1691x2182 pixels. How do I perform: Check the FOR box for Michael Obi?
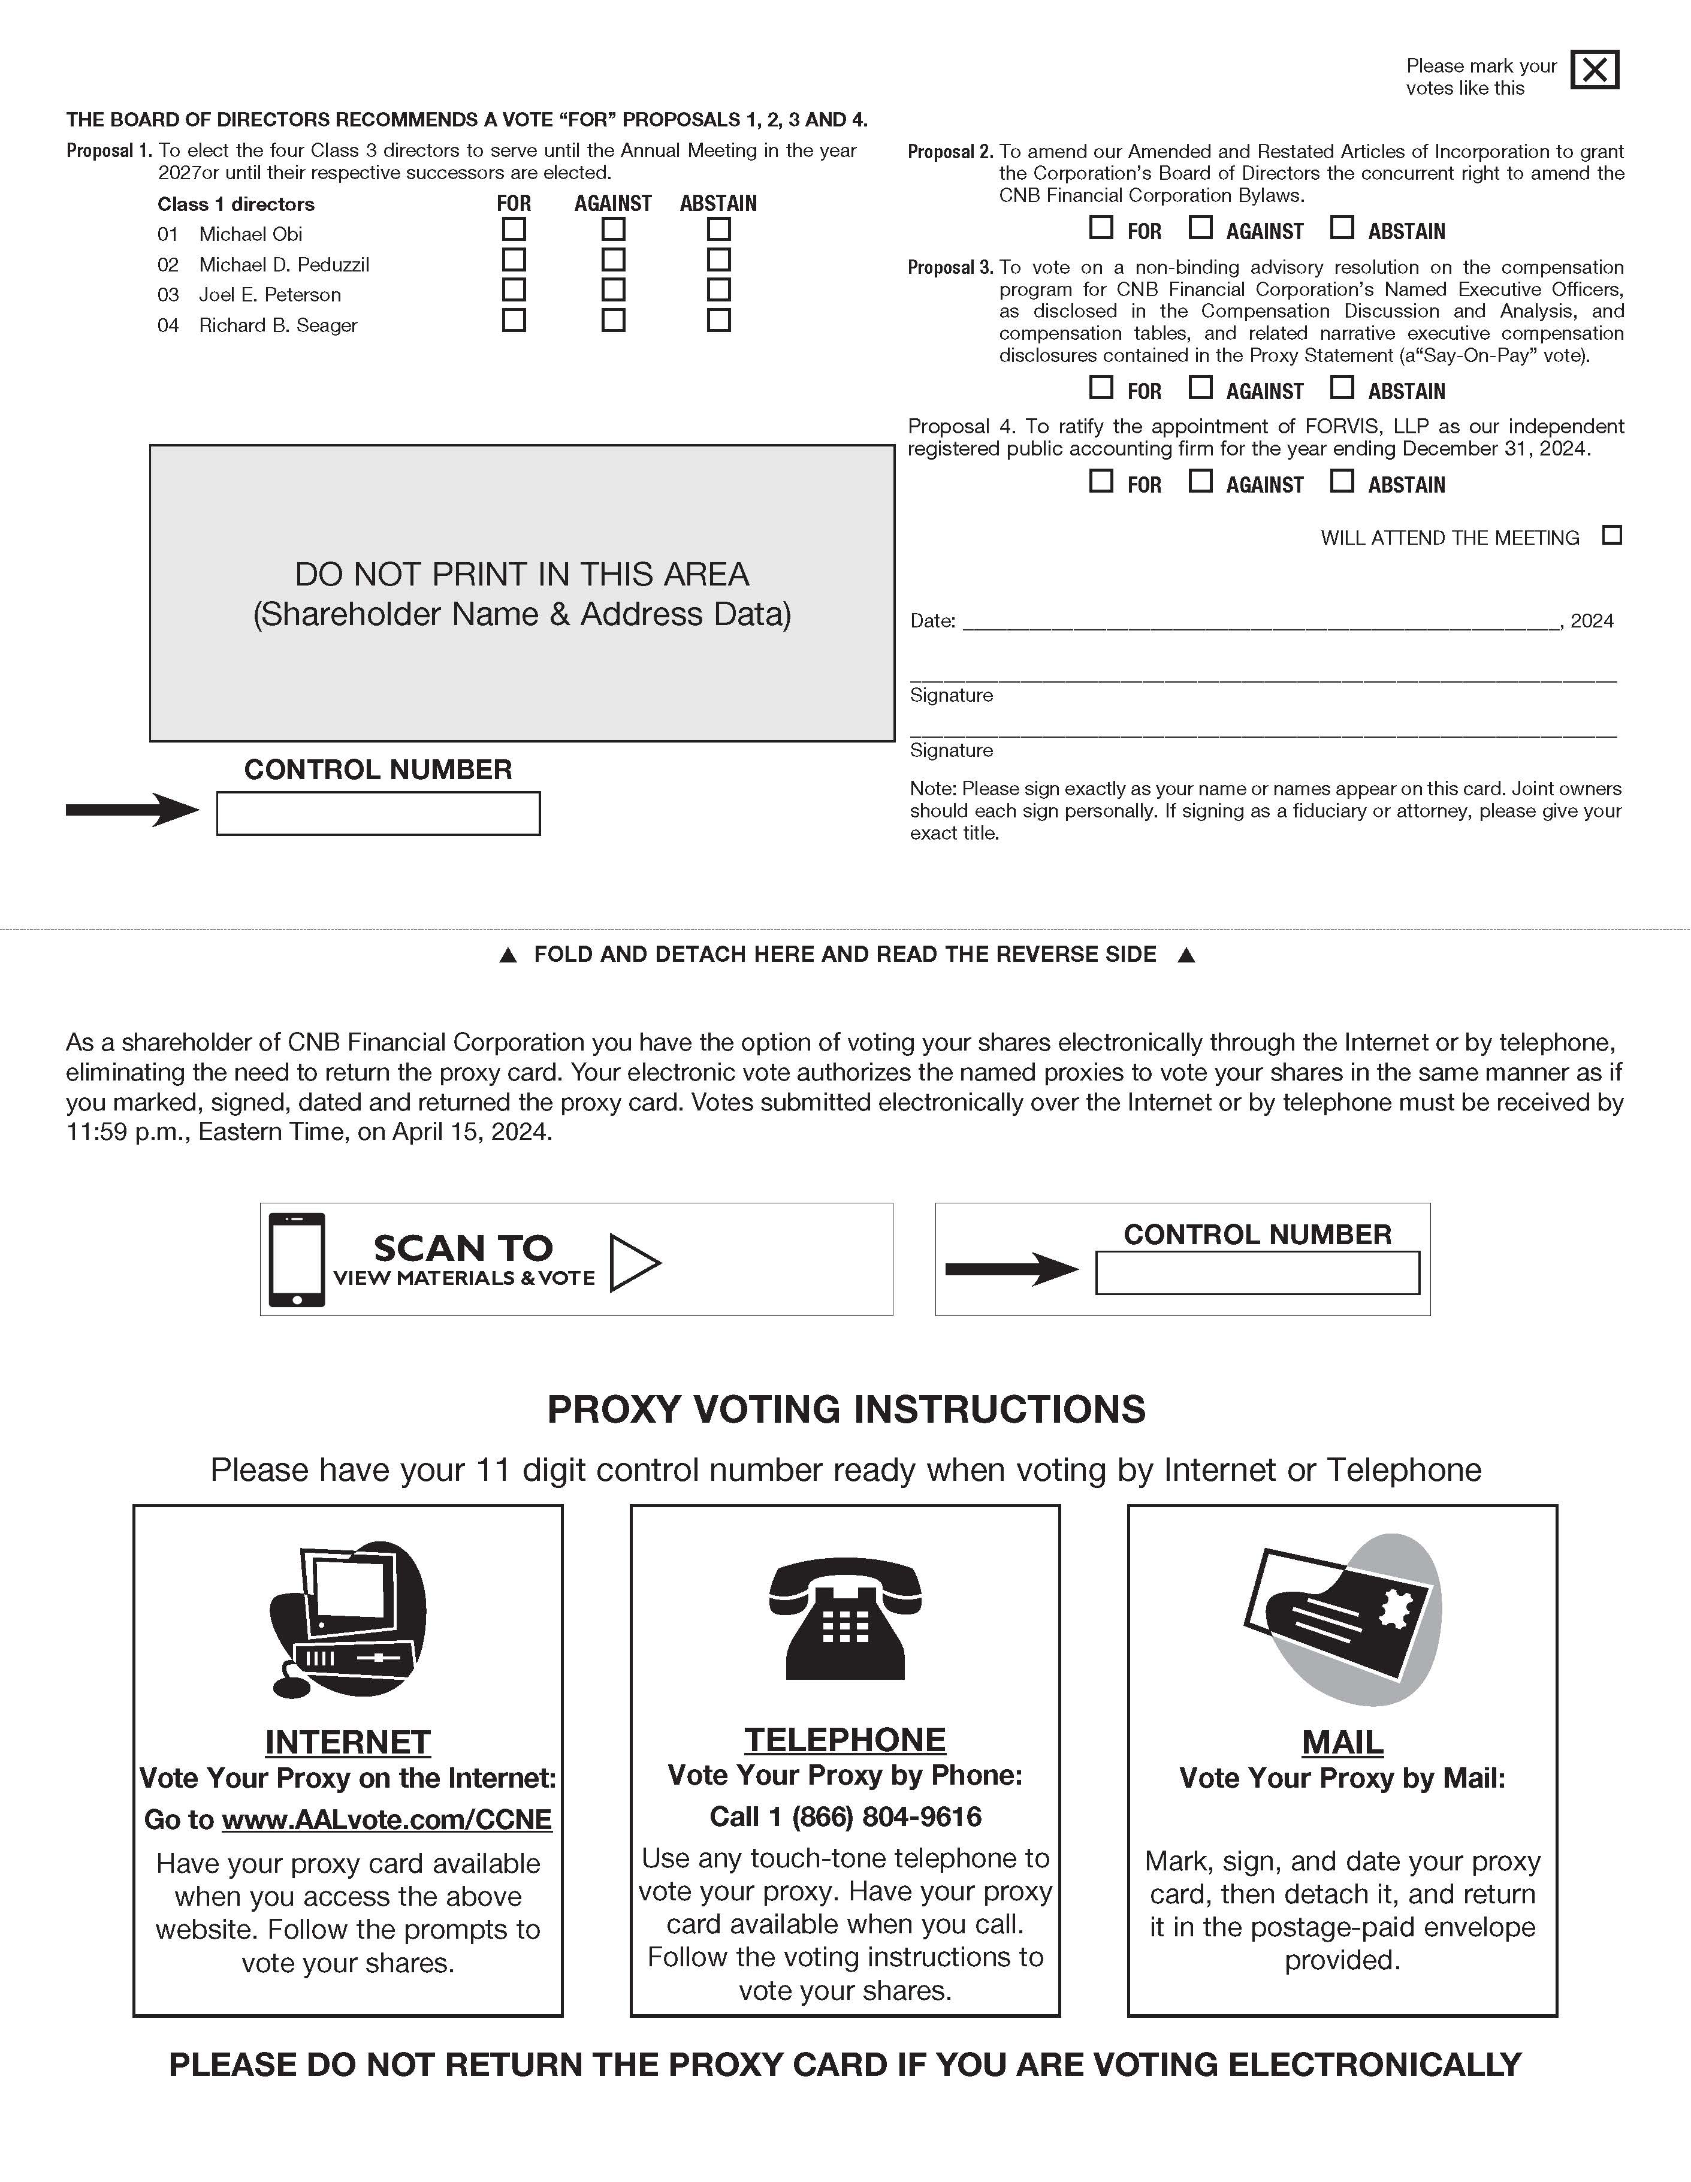click(514, 230)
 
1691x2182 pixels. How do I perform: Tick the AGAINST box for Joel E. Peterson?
click(613, 289)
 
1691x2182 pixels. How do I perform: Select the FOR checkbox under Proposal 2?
click(1101, 228)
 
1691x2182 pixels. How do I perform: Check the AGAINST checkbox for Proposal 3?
click(1201, 388)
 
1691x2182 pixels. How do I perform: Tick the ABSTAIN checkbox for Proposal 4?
click(1342, 482)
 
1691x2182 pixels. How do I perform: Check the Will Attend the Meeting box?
click(1611, 536)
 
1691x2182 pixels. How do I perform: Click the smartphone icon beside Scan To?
click(297, 1259)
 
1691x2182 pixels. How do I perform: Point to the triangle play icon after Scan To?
click(634, 1263)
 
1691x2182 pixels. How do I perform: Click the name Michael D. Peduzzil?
click(283, 265)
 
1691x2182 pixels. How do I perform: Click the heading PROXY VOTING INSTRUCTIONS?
click(846, 1409)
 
